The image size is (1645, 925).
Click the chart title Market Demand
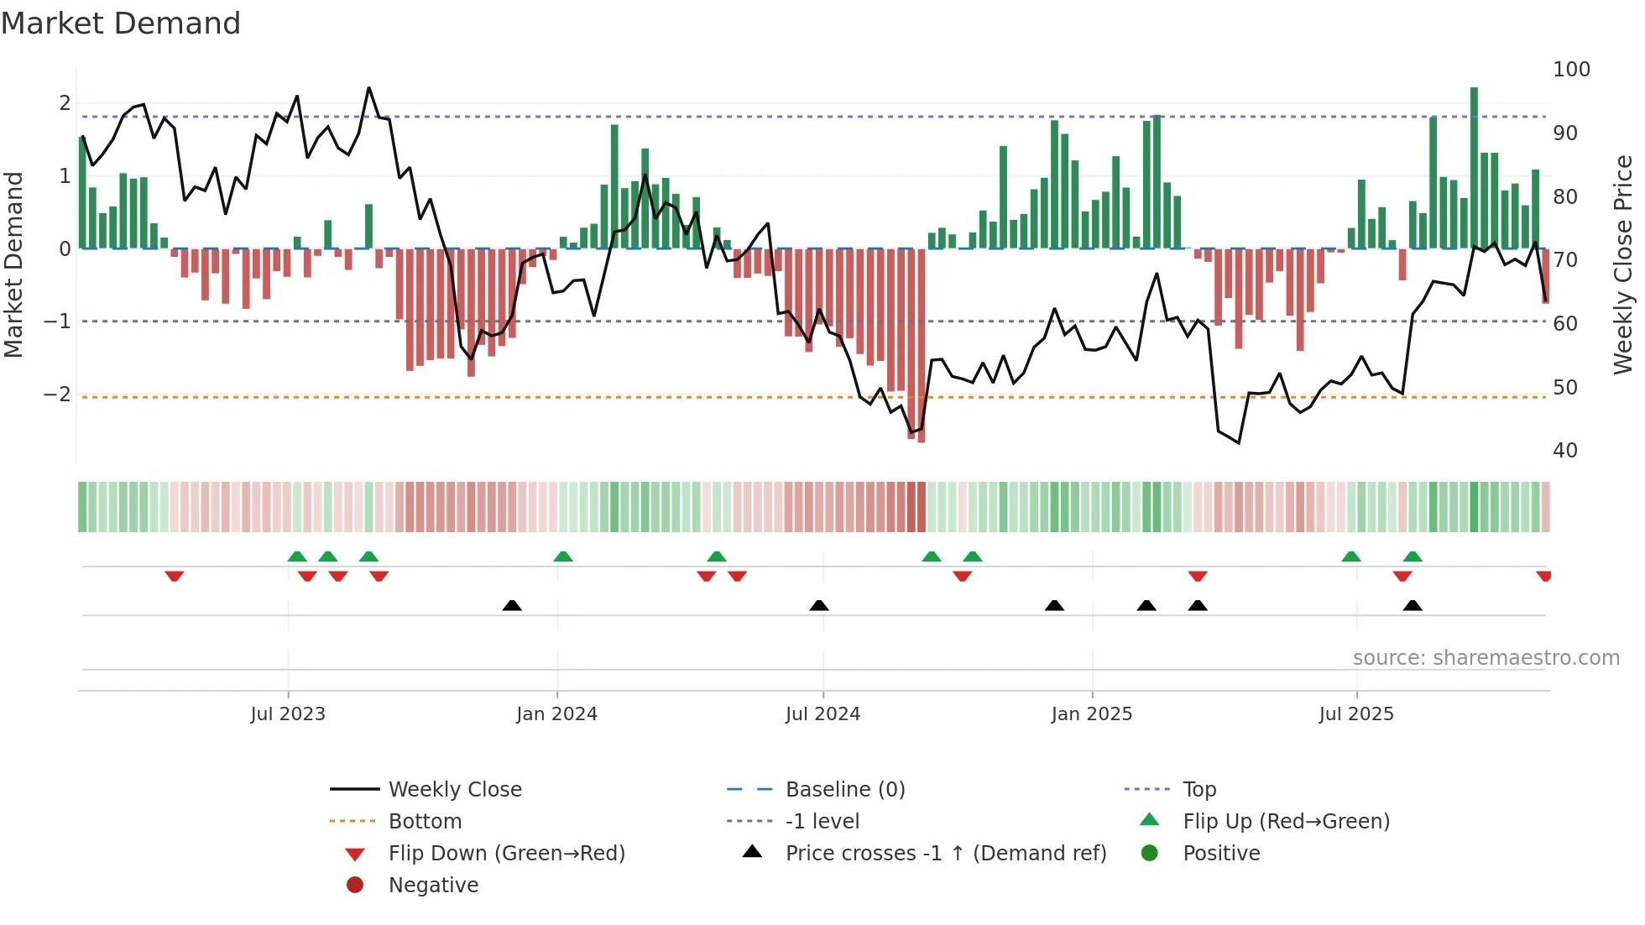coord(121,24)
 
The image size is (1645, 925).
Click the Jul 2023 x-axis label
coord(287,714)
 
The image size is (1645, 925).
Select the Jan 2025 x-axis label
coord(1091,714)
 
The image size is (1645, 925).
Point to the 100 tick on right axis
coord(1571,70)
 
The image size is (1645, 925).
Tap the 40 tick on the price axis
coord(1564,451)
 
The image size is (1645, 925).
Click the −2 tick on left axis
coord(57,395)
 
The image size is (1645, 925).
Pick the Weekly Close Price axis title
coord(1623,264)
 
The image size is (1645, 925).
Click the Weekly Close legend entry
coord(454,790)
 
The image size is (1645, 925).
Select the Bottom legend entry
coord(425,822)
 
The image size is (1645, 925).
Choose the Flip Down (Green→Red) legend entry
coord(506,854)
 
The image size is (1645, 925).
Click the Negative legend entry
coord(433,886)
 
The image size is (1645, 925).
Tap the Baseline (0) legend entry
coord(844,790)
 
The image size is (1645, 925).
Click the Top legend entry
coord(1199,790)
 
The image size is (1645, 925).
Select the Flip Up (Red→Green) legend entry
coord(1286,822)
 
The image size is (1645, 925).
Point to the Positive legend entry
coord(1221,854)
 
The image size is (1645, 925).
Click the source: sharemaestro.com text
coord(1486,658)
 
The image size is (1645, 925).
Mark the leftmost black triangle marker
coord(512,605)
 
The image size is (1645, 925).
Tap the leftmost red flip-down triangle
coord(175,576)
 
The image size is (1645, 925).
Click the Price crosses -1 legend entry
coord(945,854)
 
